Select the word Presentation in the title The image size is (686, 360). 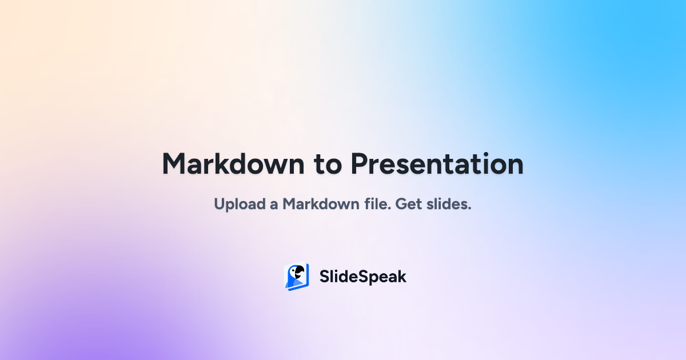pyautogui.click(x=437, y=164)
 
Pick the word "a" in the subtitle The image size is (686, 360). pyautogui.click(x=274, y=205)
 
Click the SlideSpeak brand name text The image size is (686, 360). pyautogui.click(x=362, y=277)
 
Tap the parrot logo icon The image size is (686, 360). pyautogui.click(x=297, y=277)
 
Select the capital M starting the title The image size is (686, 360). pyautogui.click(x=174, y=164)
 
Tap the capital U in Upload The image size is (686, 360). pyautogui.click(x=220, y=204)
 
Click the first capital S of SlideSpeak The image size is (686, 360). pyautogui.click(x=324, y=277)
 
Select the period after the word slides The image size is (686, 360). pyautogui.click(x=469, y=209)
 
